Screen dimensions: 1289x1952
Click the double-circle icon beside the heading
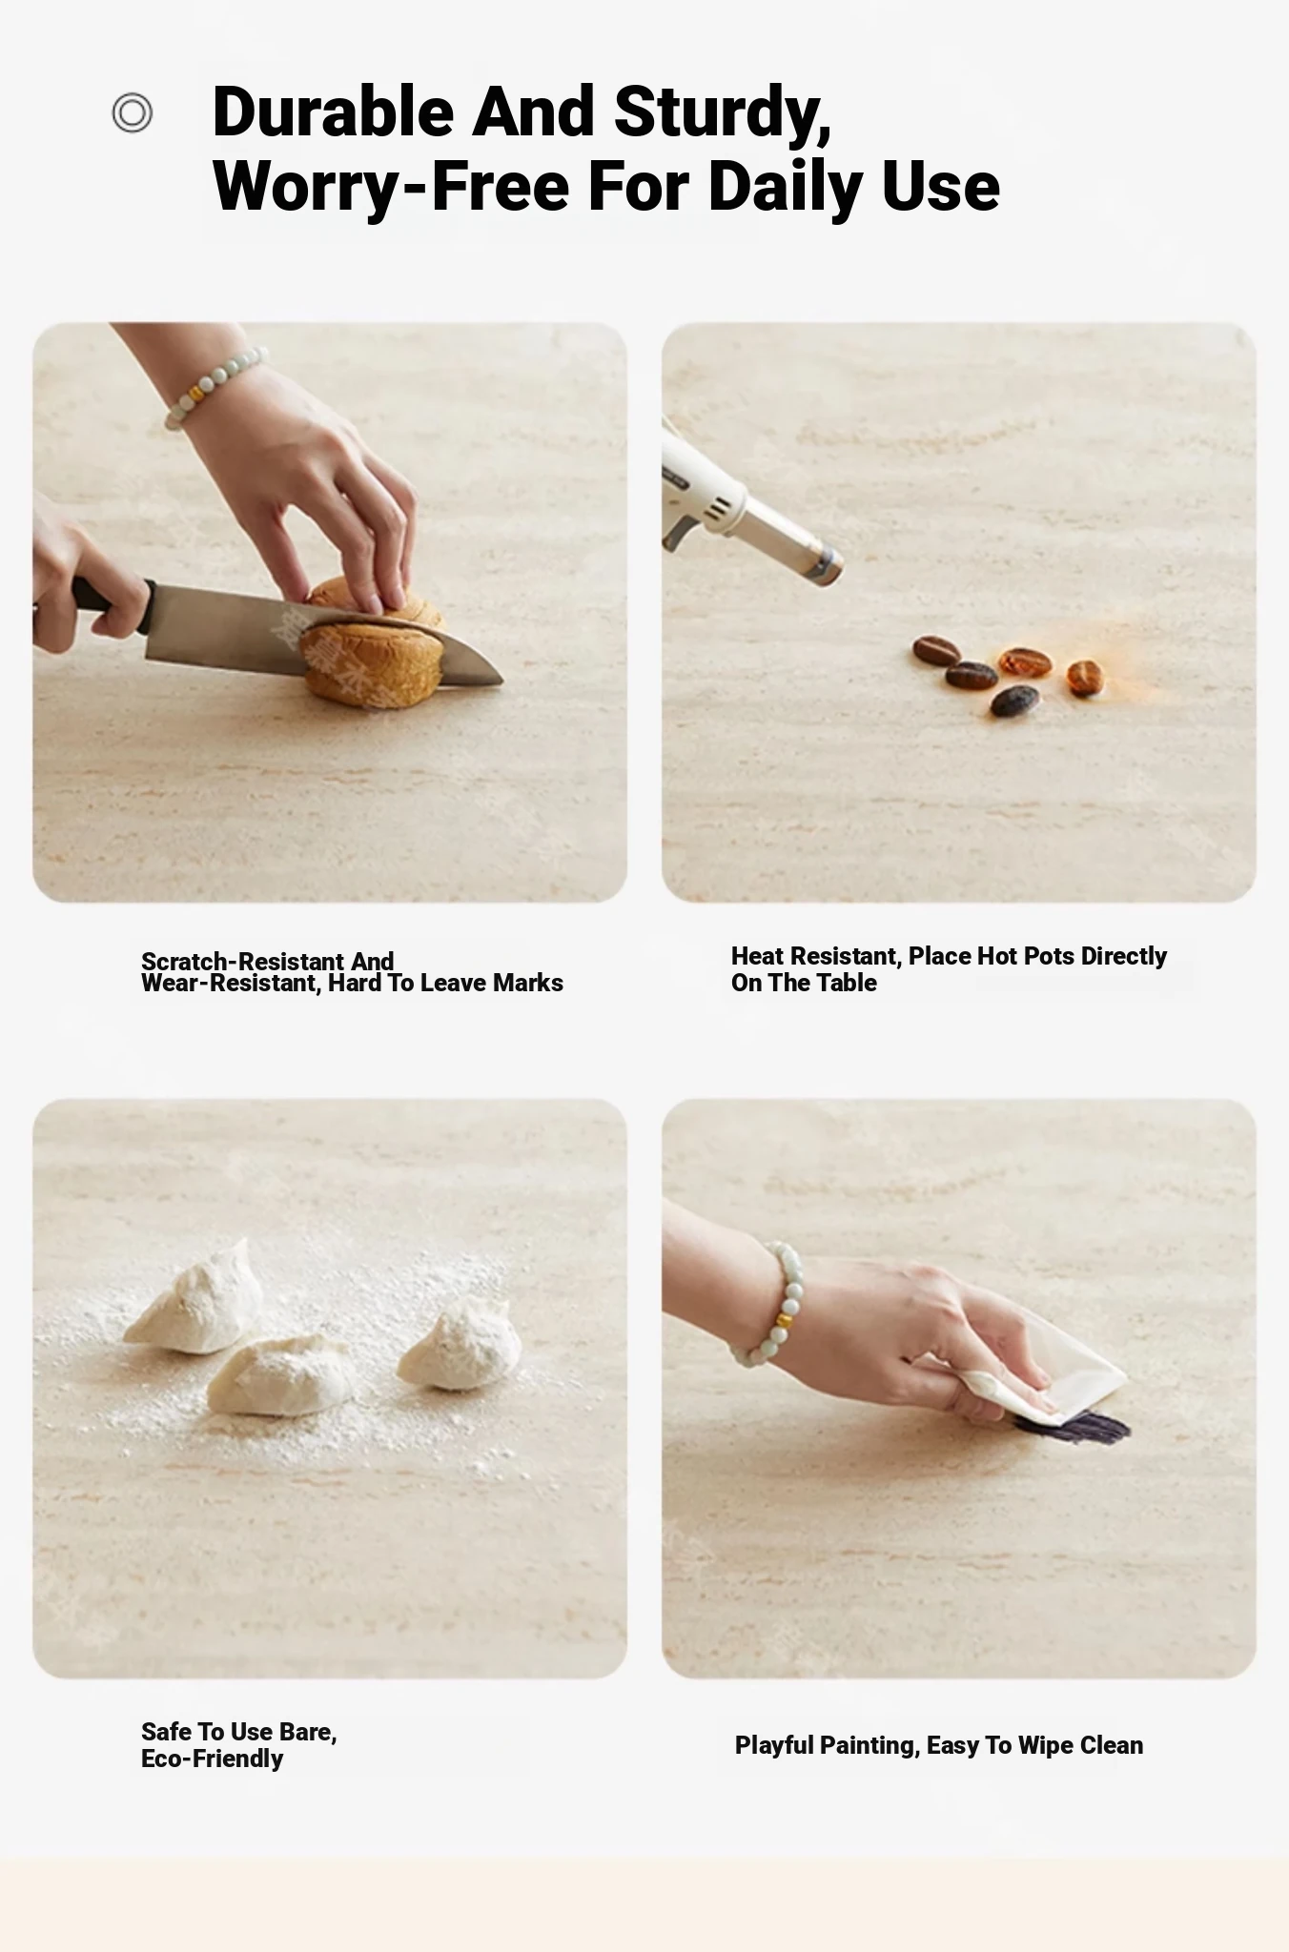pyautogui.click(x=132, y=112)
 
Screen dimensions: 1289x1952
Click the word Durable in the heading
pyautogui.click(x=333, y=112)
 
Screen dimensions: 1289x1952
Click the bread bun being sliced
pyautogui.click(x=374, y=642)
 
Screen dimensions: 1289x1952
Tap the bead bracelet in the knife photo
pyautogui.click(x=215, y=384)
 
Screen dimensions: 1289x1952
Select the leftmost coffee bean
pyautogui.click(x=935, y=650)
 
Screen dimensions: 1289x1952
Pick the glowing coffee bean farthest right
pyautogui.click(x=1084, y=677)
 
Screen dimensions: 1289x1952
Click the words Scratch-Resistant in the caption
pyautogui.click(x=242, y=961)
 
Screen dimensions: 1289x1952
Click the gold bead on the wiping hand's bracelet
pyautogui.click(x=784, y=1322)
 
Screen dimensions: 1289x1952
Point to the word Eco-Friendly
pyautogui.click(x=212, y=1759)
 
